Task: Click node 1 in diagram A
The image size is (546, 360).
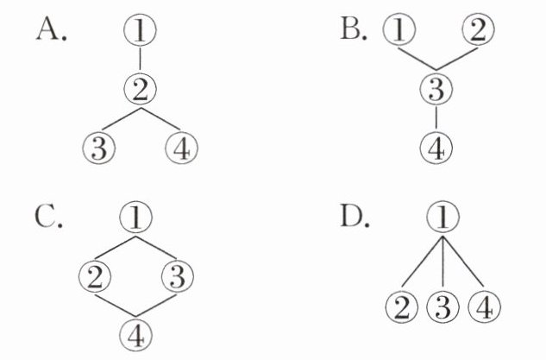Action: tap(139, 33)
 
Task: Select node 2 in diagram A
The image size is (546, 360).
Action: tap(139, 87)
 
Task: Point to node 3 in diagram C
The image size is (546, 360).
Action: tap(176, 276)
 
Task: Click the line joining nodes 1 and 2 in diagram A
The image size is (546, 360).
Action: tap(139, 60)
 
